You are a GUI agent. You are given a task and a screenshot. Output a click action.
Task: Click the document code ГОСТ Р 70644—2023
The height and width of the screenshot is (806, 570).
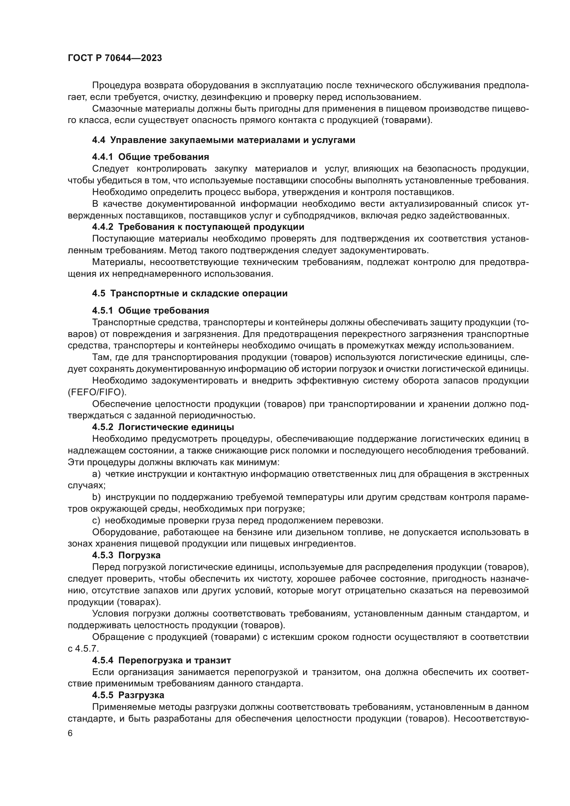coord(115,58)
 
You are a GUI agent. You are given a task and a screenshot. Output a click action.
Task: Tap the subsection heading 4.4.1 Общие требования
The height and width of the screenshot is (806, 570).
coord(151,157)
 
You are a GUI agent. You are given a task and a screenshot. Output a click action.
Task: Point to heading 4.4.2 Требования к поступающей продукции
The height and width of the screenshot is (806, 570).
coord(198,227)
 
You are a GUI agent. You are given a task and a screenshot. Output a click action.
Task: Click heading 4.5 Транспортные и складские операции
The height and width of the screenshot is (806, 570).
coord(190,294)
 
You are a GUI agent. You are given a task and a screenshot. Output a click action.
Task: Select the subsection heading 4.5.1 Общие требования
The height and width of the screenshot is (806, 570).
coord(151,310)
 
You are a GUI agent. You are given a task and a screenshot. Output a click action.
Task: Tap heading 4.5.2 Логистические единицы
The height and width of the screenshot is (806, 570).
coord(163,427)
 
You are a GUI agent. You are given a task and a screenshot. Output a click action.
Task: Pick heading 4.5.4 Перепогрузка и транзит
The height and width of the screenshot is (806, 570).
coord(161,660)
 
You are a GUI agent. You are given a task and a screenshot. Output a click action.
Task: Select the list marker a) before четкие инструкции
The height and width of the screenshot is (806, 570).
coord(96,474)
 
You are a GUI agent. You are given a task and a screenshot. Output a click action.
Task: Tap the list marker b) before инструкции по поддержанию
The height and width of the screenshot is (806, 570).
coord(96,498)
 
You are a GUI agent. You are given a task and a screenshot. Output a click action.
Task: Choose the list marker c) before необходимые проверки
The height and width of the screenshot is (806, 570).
coord(96,521)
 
